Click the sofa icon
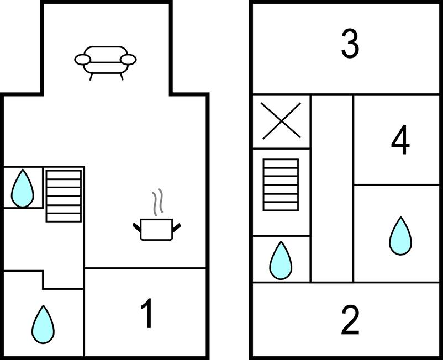pos(106,60)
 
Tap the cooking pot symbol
pos(157,229)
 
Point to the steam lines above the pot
pos(158,203)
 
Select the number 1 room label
pos(146,314)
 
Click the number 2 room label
pos(350,320)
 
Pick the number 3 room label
pos(350,45)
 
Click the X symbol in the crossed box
pos(281,121)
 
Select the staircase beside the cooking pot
pos(64,195)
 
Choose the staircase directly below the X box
pos(281,184)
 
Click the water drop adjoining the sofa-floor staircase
pos(23,188)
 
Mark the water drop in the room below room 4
pos(400,236)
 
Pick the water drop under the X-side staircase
pos(281,260)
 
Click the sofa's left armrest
pos(82,59)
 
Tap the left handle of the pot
pos(136,226)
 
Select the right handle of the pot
pos(178,226)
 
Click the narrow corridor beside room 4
pos(331,188)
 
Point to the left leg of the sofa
pos(91,76)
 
